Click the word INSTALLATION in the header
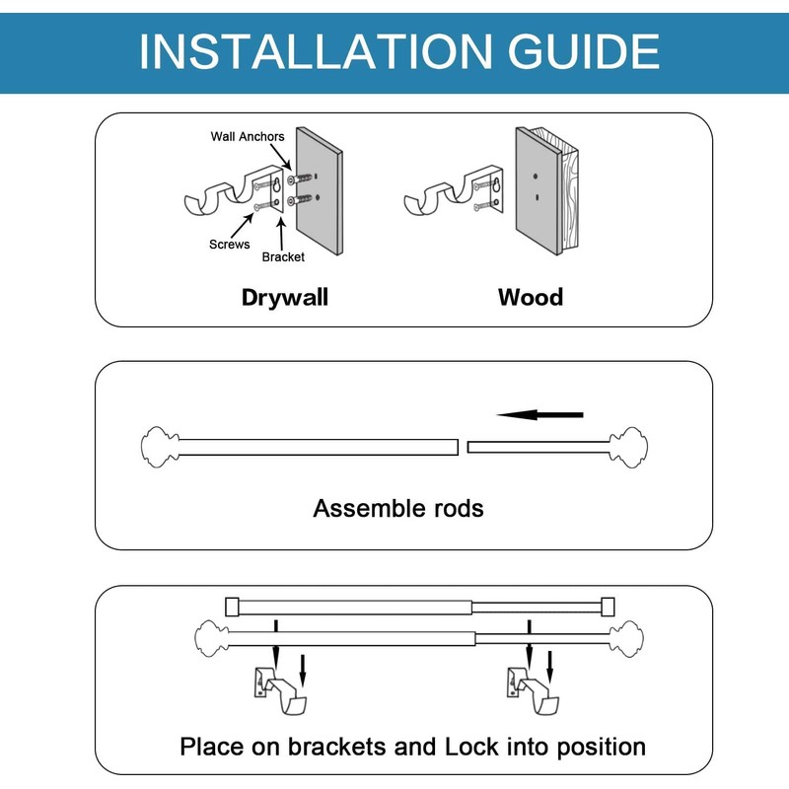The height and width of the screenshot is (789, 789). coord(315,51)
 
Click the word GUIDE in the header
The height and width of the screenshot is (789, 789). coord(584,51)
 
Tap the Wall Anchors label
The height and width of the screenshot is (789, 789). coord(248,136)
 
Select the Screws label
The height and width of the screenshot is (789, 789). coord(230,244)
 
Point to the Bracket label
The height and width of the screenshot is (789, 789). coord(283,256)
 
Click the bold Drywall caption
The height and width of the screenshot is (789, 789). coord(285,297)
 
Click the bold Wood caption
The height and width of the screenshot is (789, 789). coord(531,297)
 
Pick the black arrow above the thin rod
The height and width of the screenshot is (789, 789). coord(539,414)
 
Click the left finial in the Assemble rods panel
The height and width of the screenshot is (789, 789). coord(160,447)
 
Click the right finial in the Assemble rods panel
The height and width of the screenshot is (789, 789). coord(628,447)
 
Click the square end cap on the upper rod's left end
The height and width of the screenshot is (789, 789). coord(232,607)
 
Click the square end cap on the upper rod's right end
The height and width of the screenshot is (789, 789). coord(608,607)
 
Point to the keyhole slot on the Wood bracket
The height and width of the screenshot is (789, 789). coord(496,186)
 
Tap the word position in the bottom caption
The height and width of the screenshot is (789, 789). coord(602,748)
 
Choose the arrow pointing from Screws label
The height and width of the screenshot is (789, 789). coord(243,225)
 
